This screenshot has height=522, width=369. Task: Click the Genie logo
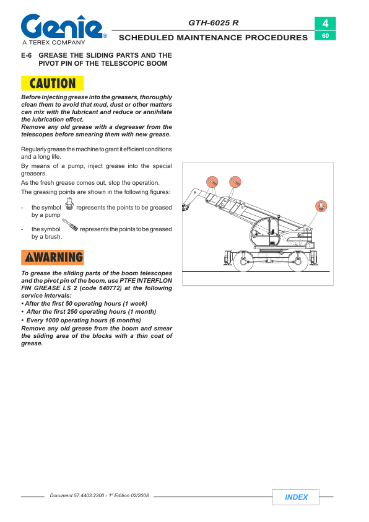coord(63,27)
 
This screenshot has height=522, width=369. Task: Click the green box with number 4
coord(325,24)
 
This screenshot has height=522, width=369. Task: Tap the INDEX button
coord(296,497)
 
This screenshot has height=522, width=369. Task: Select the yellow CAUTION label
coord(53,83)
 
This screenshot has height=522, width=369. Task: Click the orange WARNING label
coord(53,257)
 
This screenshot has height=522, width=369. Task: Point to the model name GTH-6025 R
coord(214,23)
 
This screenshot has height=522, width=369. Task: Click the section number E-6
coord(26,55)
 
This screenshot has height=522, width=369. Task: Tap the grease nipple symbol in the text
coord(69,203)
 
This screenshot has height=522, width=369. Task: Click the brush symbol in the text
coord(70,225)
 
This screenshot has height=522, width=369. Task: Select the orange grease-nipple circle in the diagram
coord(321,206)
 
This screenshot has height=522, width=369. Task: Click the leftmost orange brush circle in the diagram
coord(212,182)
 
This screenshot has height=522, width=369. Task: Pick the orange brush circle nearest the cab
coord(235,182)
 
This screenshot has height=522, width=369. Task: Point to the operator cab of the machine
coord(265,231)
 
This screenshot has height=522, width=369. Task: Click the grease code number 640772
coord(110,288)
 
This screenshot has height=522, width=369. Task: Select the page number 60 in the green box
coord(325,35)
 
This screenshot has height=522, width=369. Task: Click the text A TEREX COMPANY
coord(54,42)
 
